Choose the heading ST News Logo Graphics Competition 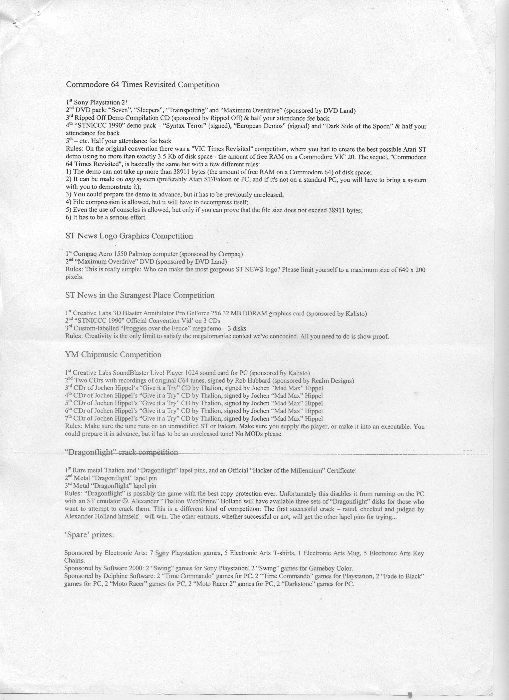pos(129,236)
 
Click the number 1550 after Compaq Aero pos(121,254)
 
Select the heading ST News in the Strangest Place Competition pos(140,295)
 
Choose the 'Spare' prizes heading pos(89,535)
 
